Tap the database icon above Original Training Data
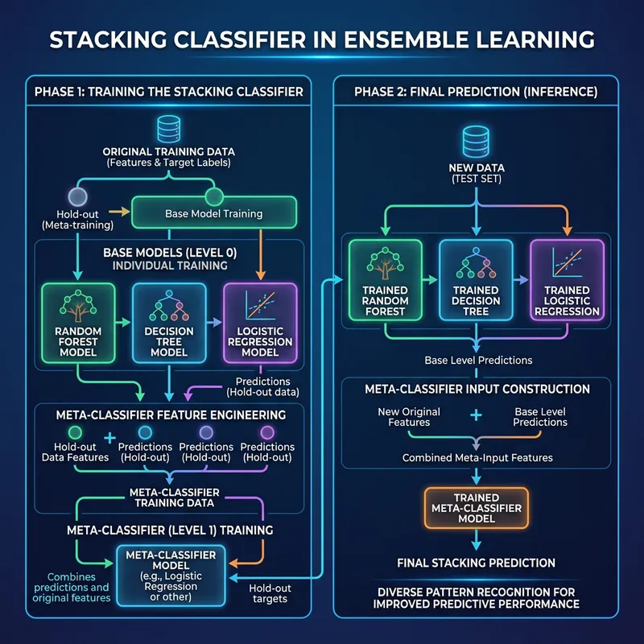pos(168,128)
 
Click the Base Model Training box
pos(213,214)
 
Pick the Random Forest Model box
pos(78,320)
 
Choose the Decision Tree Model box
pos(168,320)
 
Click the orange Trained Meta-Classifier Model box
pos(476,508)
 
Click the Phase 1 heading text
pos(169,92)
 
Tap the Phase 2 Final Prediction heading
pos(476,92)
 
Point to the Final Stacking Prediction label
pos(476,562)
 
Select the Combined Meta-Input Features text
pos(477,457)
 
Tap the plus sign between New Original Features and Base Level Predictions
pos(476,415)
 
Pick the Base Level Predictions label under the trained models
pos(477,360)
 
